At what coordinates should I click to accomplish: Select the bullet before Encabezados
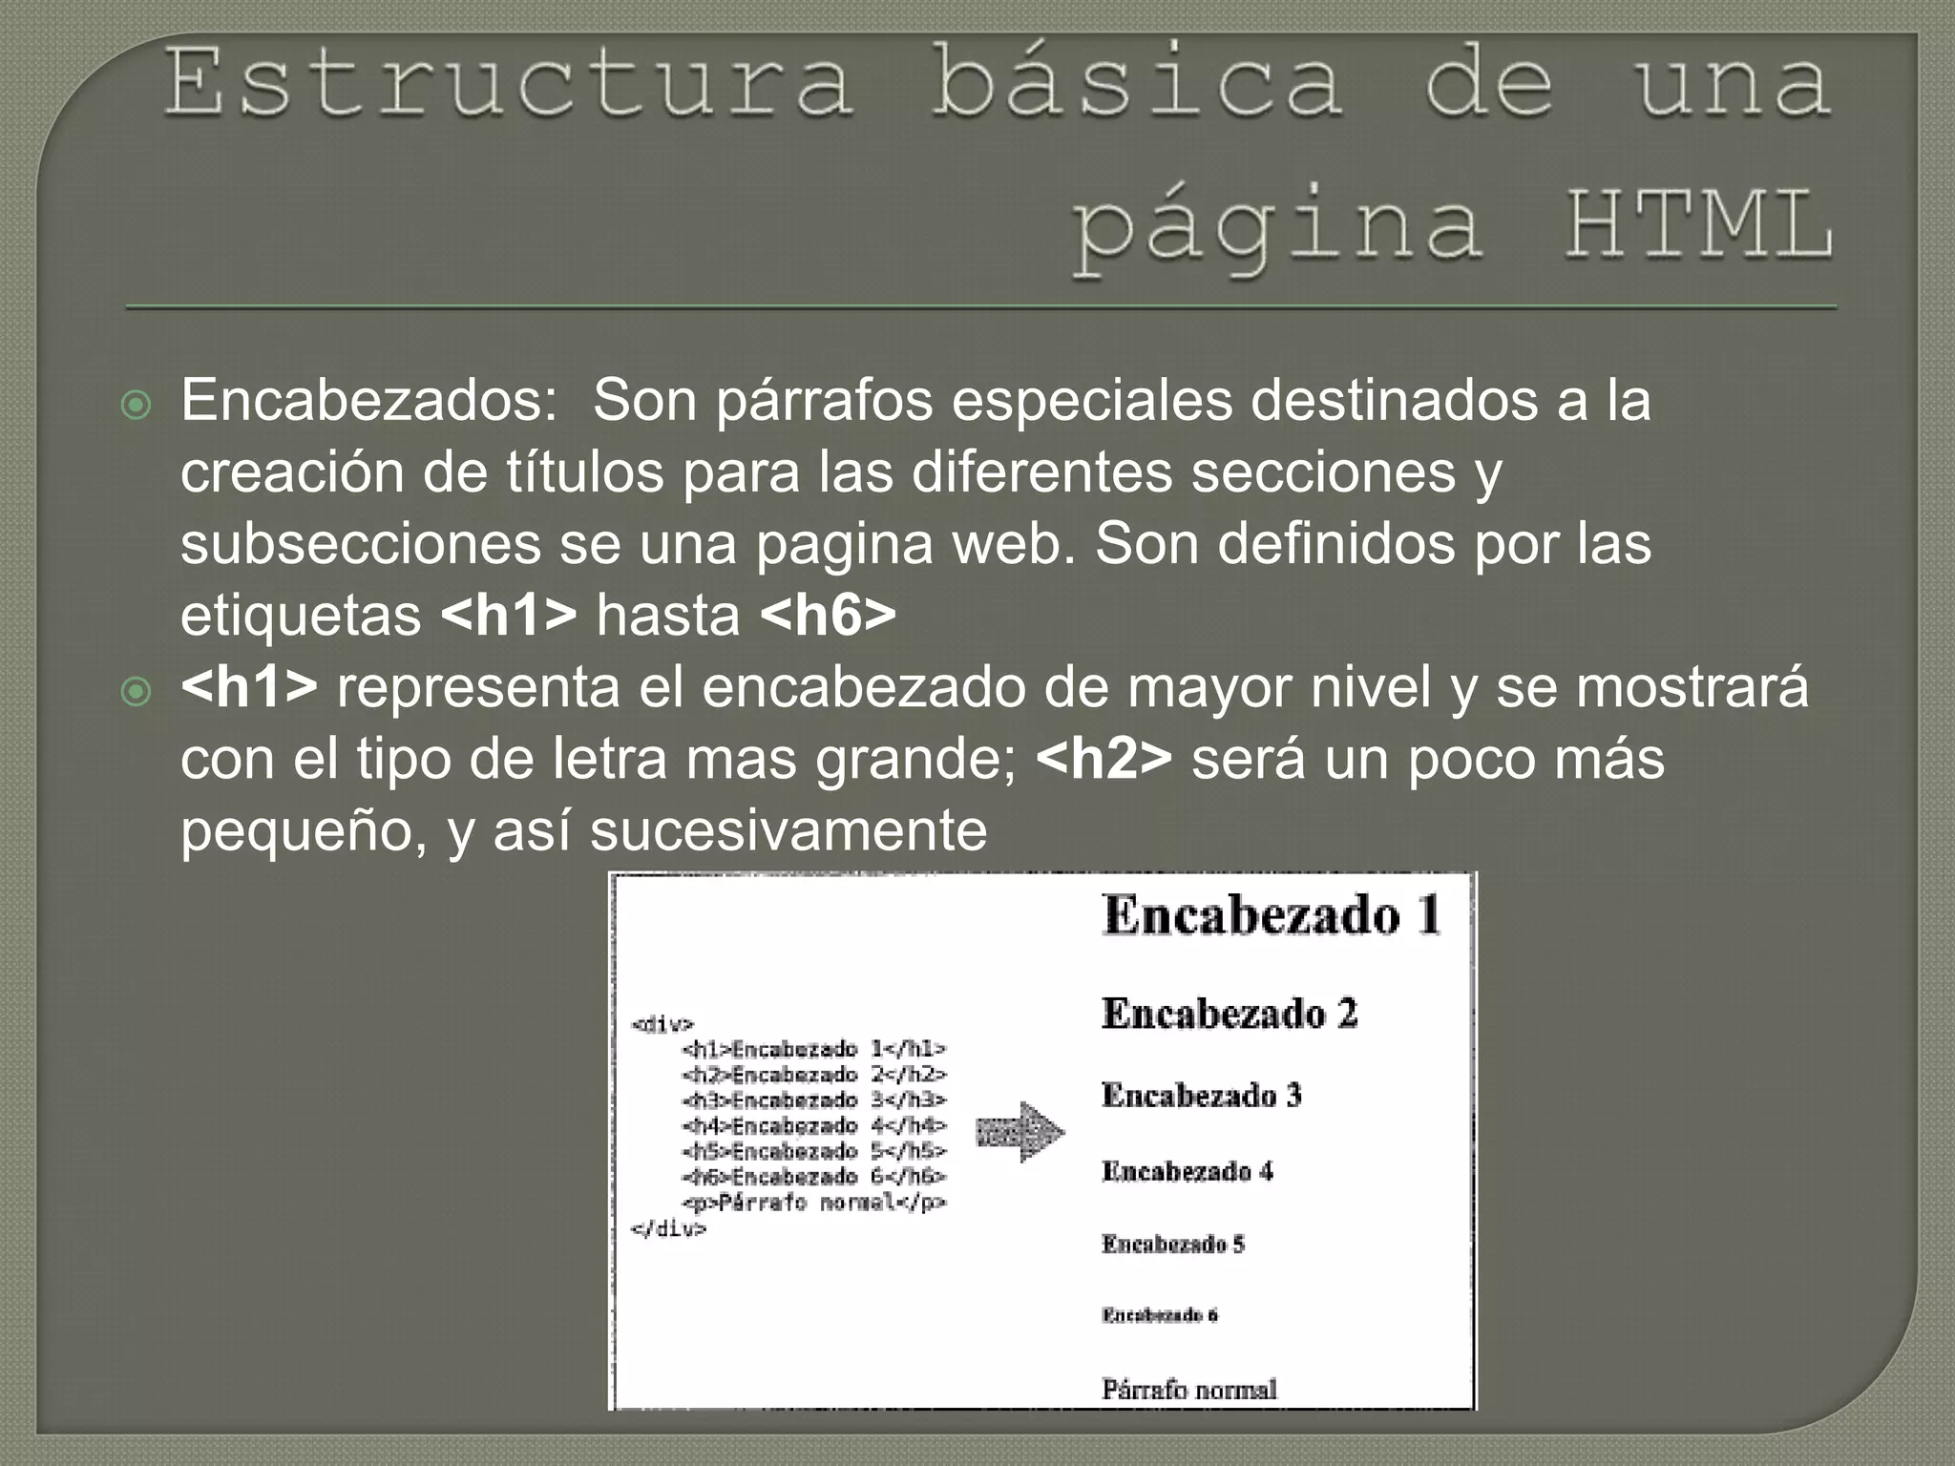137,406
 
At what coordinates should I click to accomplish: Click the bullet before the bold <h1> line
137,692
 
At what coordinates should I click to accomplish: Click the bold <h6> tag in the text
829,616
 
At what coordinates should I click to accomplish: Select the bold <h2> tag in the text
1104,759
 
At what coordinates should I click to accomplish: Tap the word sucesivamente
788,830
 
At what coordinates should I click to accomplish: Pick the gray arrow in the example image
1020,1133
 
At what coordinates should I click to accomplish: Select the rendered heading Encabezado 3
1201,1095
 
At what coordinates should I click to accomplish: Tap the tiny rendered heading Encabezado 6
1160,1315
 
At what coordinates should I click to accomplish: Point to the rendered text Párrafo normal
1189,1389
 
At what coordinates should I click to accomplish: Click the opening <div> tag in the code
662,1025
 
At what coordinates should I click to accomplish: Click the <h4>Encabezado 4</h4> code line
814,1126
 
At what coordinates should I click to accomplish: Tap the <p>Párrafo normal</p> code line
814,1203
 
